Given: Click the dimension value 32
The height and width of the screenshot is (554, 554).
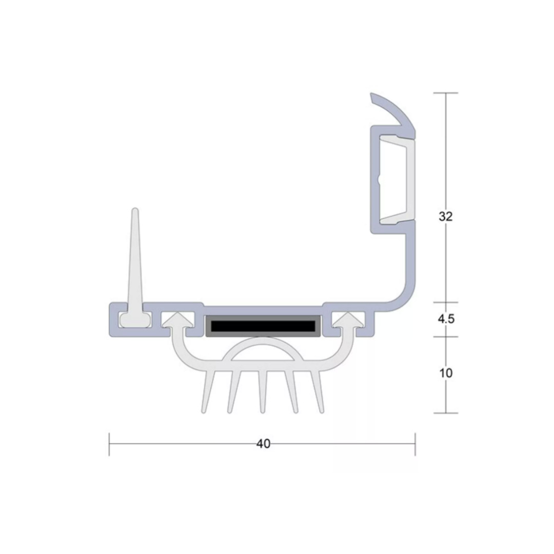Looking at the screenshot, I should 446,216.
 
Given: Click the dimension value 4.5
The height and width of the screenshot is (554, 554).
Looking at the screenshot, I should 446,319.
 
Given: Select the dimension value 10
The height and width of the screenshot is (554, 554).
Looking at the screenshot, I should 446,373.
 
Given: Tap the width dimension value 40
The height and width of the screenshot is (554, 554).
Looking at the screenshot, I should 263,444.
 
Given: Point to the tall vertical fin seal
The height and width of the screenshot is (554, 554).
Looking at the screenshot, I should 135,256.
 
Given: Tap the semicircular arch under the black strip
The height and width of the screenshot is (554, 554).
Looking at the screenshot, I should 263,349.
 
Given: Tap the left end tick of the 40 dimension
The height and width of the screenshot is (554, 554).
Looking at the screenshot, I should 109,444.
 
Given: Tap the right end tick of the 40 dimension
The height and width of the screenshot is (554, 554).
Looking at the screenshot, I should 415,444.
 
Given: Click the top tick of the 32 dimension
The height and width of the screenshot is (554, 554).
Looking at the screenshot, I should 445,93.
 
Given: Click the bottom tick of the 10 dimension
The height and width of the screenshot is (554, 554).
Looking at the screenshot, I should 445,413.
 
